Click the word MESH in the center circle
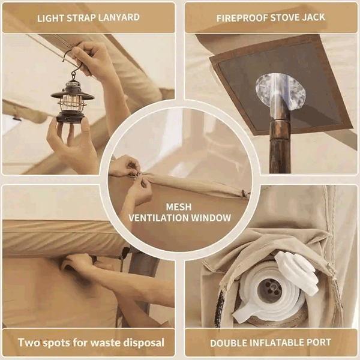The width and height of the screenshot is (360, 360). pyautogui.click(x=179, y=207)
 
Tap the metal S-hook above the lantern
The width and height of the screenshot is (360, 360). pyautogui.click(x=71, y=62)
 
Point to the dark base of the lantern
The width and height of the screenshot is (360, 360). pyautogui.click(x=70, y=116)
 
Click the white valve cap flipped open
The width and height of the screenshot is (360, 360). pyautogui.click(x=297, y=272)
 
